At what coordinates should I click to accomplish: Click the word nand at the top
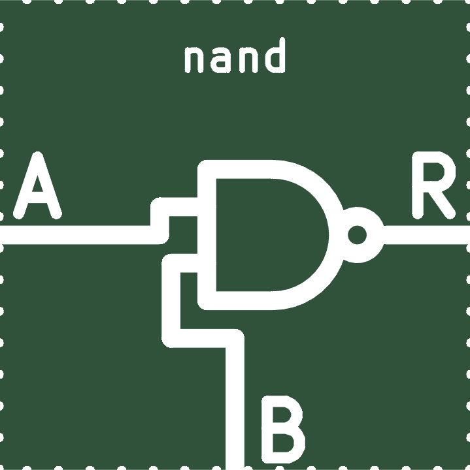235,55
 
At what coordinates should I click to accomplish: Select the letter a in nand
222,60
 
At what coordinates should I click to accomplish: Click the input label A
37,185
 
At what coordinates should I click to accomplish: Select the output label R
434,185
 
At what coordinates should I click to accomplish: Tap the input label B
283,430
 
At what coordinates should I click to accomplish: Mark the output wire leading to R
427,235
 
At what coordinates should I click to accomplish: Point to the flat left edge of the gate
207,235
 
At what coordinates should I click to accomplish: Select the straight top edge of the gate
237,169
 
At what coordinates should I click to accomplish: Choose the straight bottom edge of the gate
237,301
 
